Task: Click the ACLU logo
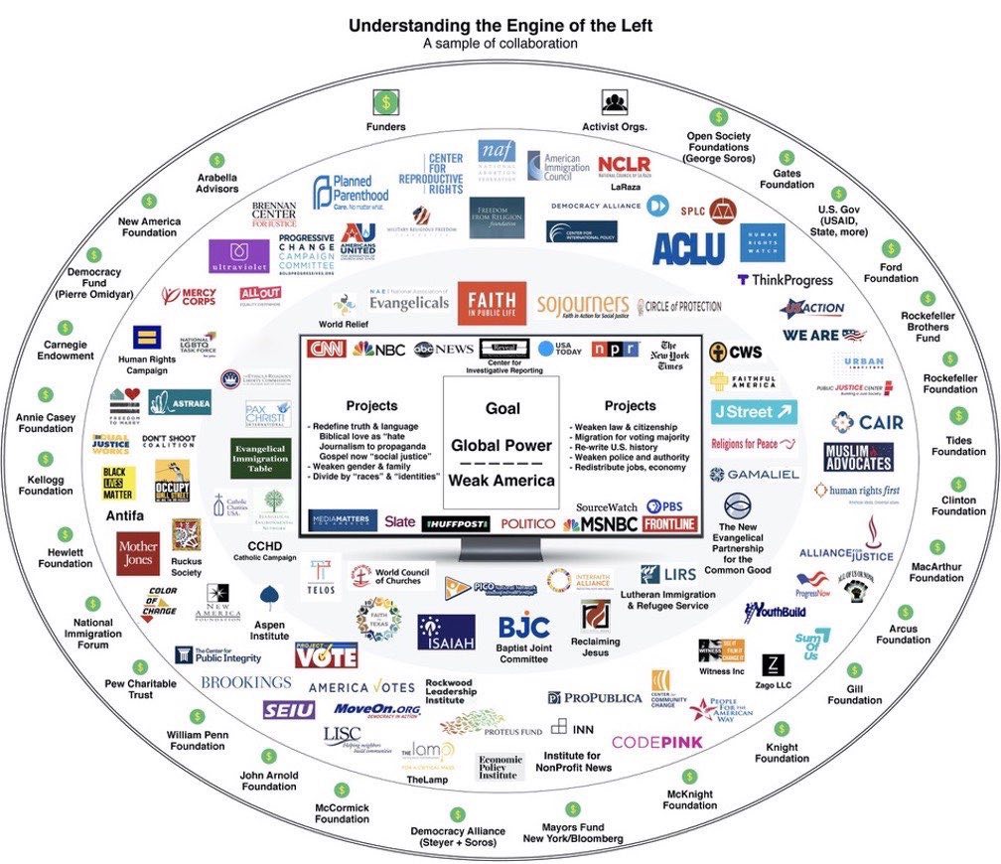click(688, 247)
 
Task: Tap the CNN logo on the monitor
click(327, 349)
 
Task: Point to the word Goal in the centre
click(502, 408)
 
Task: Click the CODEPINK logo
click(656, 742)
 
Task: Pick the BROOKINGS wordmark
click(246, 682)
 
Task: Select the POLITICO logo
click(527, 522)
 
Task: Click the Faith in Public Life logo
click(492, 303)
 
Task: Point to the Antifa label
click(125, 515)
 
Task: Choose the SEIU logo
click(289, 709)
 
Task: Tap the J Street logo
click(754, 411)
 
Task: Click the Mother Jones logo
click(137, 554)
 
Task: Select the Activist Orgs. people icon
click(614, 102)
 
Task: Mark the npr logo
click(608, 349)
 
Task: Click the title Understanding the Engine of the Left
click(500, 26)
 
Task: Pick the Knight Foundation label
click(782, 753)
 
